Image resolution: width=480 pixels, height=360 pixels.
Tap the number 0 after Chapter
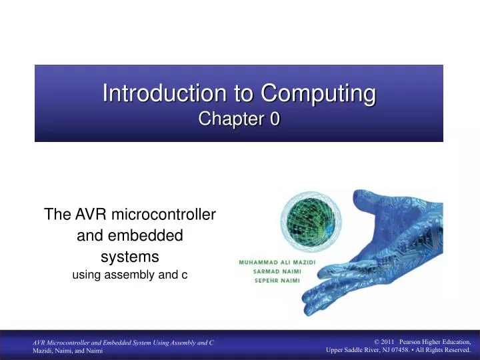(x=275, y=119)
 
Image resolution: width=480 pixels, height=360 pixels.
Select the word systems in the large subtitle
(x=129, y=256)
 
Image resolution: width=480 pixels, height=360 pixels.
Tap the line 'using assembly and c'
(x=129, y=274)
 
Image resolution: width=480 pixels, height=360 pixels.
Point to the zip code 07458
(x=400, y=351)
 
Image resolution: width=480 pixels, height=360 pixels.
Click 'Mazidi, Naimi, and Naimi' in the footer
(x=68, y=351)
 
